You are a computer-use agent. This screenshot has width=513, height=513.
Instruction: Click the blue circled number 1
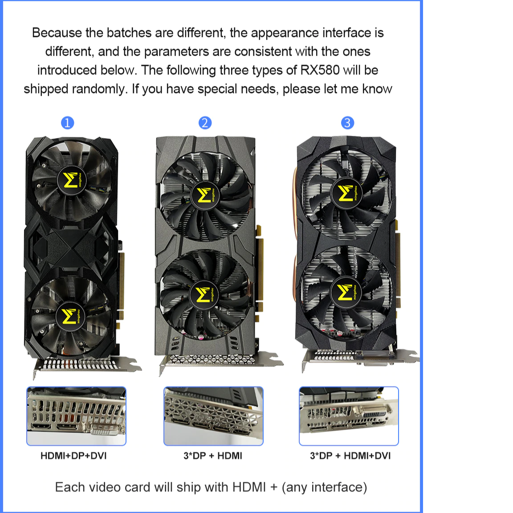(x=67, y=123)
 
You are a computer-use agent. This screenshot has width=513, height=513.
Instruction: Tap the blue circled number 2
(x=205, y=123)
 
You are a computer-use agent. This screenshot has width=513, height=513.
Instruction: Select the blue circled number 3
(x=347, y=123)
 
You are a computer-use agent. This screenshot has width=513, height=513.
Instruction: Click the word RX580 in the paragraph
(x=320, y=70)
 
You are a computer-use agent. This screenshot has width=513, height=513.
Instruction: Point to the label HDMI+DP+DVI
(x=73, y=456)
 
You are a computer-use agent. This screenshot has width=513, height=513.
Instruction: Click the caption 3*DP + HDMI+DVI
(x=350, y=456)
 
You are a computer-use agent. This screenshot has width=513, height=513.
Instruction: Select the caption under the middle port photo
(x=213, y=456)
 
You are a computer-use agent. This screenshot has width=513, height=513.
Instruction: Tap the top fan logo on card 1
(x=71, y=180)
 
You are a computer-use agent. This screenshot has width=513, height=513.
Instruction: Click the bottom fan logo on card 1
(x=70, y=317)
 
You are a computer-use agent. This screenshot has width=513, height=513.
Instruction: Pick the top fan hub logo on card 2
(x=204, y=195)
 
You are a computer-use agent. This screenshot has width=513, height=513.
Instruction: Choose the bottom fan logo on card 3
(x=346, y=292)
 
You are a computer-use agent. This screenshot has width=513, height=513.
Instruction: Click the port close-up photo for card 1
(x=76, y=416)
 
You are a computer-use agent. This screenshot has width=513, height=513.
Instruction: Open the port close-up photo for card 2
(x=213, y=416)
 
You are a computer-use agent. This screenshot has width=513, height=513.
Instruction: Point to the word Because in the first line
(x=57, y=33)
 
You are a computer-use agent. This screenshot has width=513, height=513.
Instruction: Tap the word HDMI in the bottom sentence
(x=249, y=487)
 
